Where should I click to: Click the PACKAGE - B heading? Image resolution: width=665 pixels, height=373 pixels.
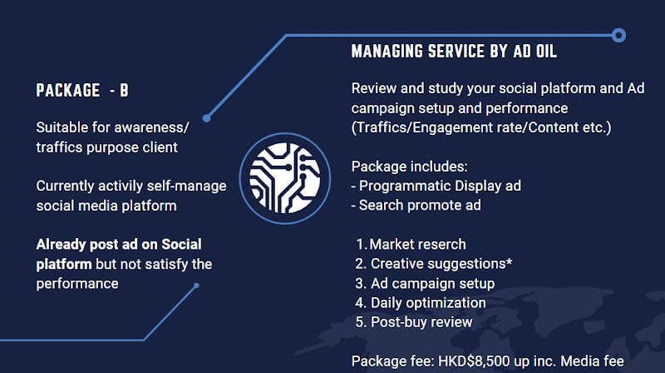coord(82,90)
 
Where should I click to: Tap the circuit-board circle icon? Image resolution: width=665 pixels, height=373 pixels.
coord(285,178)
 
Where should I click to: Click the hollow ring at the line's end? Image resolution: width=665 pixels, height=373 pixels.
coord(618,35)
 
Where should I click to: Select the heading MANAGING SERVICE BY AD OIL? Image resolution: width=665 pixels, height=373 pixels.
coord(454,52)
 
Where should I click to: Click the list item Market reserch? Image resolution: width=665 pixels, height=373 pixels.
coord(417,244)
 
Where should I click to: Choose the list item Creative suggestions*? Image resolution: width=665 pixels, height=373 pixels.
coord(441,264)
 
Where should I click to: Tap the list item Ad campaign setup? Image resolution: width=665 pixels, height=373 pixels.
coord(432,283)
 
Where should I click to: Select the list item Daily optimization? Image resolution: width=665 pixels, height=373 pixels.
coord(428,303)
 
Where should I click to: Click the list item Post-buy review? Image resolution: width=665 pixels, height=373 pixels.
coord(421,322)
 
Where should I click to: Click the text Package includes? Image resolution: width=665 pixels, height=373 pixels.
coord(409,167)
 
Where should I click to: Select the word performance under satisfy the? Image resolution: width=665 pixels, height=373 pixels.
coord(77,284)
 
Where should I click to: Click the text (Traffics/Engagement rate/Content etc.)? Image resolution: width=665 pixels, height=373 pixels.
coord(481,127)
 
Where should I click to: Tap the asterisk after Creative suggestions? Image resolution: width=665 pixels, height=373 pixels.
coord(509,261)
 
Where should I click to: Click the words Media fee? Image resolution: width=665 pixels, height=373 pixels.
coord(592,361)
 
